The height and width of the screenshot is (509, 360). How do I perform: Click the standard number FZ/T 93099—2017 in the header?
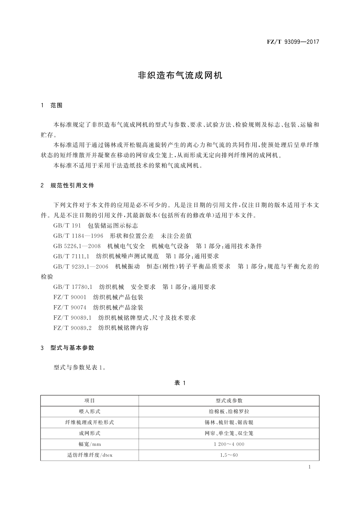tap(293, 42)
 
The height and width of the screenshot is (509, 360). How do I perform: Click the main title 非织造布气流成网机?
tap(180, 75)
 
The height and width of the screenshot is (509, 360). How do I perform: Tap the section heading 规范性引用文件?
tap(72, 186)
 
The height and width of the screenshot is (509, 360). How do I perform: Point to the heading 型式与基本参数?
tap(72, 348)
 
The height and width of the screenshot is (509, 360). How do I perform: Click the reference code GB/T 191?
tap(67, 226)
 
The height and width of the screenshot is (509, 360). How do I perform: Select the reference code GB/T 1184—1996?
tap(78, 236)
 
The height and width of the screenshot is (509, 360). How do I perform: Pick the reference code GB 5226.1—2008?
tap(77, 246)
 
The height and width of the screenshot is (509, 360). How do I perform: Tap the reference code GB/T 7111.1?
tap(71, 257)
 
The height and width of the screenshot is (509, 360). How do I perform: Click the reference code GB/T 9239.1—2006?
tap(81, 267)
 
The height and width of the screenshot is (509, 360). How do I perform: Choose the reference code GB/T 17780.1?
tap(73, 287)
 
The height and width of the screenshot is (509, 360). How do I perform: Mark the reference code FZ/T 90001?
tap(70, 297)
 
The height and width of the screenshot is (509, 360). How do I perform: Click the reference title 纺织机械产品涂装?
tap(118, 308)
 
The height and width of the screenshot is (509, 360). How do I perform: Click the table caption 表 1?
tap(180, 383)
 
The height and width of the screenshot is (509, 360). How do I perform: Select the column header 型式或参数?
tap(229, 401)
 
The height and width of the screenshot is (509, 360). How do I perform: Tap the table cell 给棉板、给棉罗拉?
tap(229, 412)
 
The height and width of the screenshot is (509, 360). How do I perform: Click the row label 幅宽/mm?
tap(89, 444)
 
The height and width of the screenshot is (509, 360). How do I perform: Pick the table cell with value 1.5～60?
tap(229, 455)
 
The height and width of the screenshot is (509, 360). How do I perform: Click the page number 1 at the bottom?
tap(310, 467)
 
